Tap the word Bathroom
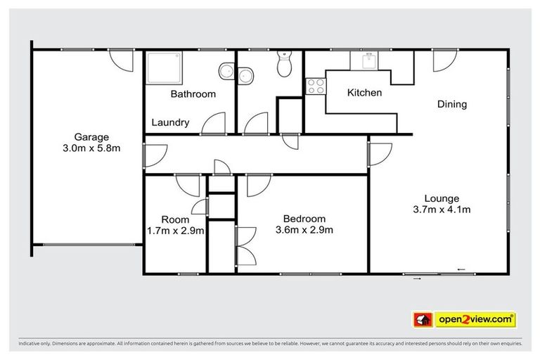click(x=193, y=94)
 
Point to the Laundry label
click(x=171, y=122)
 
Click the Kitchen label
click(x=364, y=93)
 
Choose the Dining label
click(x=452, y=104)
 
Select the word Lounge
click(x=442, y=198)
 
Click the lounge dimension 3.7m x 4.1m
click(x=442, y=209)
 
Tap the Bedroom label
click(x=304, y=218)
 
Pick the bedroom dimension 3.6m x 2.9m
click(x=304, y=229)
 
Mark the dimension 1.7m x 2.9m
click(x=175, y=230)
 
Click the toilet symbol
click(x=284, y=65)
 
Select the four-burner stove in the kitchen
click(x=315, y=86)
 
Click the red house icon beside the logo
click(x=422, y=319)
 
